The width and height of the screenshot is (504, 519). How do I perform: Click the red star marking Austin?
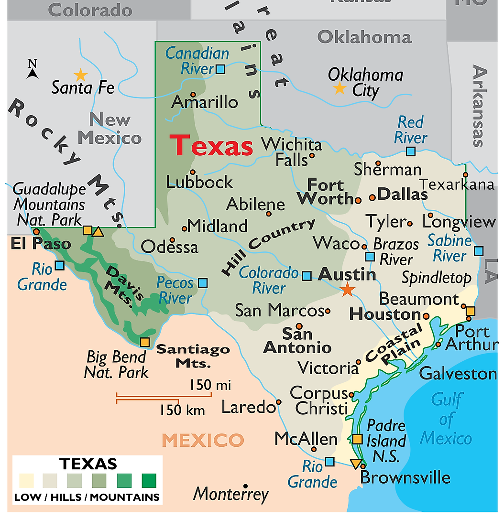tap(348, 289)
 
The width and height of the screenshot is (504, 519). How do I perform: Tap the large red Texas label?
tap(211, 145)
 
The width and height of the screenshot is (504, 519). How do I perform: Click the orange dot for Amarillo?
tap(193, 94)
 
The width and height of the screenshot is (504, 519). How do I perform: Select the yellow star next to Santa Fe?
tap(80, 75)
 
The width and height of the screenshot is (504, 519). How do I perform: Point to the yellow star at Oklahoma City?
tap(340, 88)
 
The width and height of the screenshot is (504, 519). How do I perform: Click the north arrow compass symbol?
tap(33, 70)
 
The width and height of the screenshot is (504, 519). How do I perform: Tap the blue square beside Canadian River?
tap(220, 69)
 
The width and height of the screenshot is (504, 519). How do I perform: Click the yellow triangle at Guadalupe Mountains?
tap(98, 232)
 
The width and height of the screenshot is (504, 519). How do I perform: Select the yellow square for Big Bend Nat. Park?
tap(144, 342)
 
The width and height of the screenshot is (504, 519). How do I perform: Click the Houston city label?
tap(385, 314)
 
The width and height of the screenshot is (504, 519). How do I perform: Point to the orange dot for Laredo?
tap(279, 402)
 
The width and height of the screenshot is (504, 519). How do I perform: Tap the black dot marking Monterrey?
tap(246, 486)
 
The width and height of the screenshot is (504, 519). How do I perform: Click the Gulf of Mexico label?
tap(446, 419)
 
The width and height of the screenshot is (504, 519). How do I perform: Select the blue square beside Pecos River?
tap(203, 283)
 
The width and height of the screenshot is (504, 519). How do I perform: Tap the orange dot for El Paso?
tap(36, 231)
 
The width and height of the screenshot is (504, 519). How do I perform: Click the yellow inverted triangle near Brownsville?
tap(355, 464)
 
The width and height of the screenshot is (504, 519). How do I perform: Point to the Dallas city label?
tap(402, 194)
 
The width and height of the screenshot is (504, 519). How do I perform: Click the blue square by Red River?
tap(411, 151)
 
